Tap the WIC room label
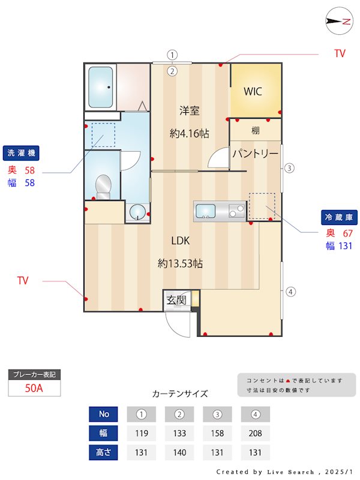[253, 91]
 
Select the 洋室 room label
[190, 110]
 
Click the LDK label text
[181, 241]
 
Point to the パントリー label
[256, 153]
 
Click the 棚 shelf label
[256, 131]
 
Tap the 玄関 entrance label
[176, 300]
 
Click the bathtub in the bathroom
[100, 87]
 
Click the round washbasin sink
[137, 212]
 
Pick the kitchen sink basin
[205, 211]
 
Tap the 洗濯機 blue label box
[21, 153]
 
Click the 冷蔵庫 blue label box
[339, 217]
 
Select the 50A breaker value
[34, 388]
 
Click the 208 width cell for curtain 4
[256, 433]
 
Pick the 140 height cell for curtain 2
[179, 452]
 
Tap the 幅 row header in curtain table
[103, 433]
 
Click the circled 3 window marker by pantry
[289, 168]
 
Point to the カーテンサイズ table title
[180, 394]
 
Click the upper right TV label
[340, 53]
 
